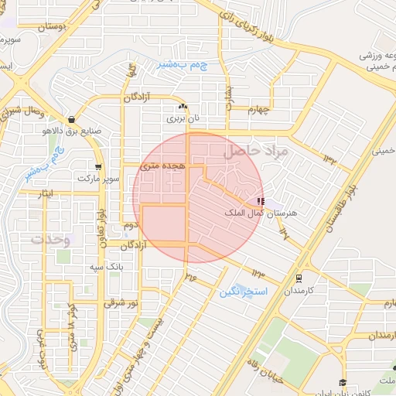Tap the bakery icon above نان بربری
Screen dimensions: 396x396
point(183,107)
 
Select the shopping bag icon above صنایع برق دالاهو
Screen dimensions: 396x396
point(72,120)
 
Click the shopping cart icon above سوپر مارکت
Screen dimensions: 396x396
point(98,166)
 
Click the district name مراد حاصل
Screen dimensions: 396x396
point(255,152)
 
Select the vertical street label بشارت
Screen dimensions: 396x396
point(229,90)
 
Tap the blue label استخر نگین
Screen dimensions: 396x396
point(243,292)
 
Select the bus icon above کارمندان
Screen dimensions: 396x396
point(299,278)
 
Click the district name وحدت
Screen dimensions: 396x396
point(50,240)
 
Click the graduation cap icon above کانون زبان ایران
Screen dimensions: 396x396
point(343,382)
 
